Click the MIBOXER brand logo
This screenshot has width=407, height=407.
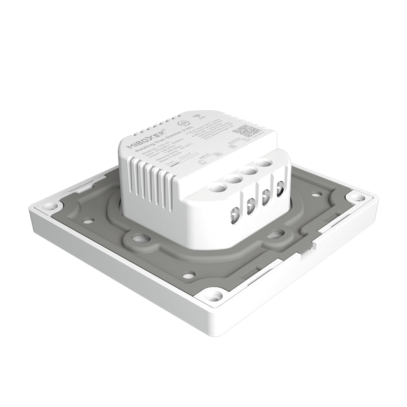click(x=145, y=139)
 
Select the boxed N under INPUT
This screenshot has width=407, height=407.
click(x=218, y=155)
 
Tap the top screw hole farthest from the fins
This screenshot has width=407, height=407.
click(x=264, y=164)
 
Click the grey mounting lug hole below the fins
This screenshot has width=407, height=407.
click(x=140, y=237)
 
